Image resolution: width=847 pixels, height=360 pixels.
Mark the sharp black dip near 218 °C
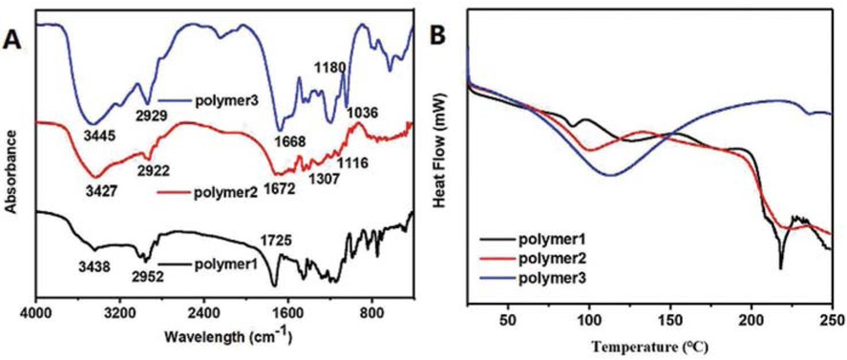pos(780,266)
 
